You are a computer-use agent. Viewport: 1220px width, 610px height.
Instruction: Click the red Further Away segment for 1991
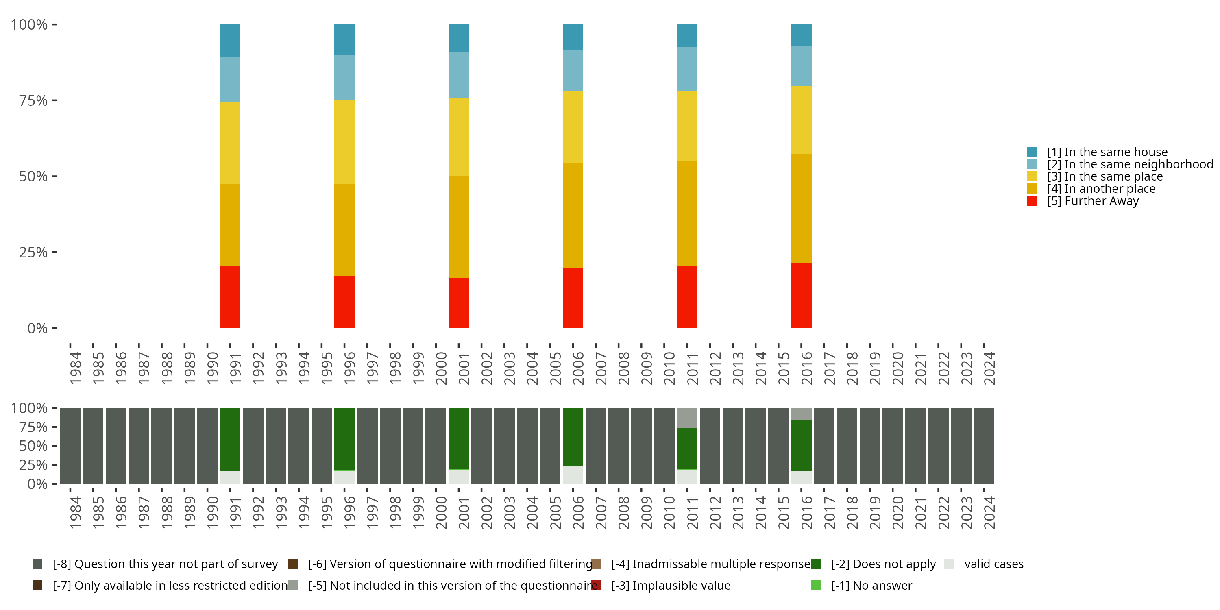(230, 296)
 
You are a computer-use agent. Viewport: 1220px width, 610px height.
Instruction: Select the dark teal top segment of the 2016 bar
(801, 35)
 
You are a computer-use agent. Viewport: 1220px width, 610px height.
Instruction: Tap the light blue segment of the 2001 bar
(458, 75)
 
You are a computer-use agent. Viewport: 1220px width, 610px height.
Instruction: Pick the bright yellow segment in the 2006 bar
(573, 127)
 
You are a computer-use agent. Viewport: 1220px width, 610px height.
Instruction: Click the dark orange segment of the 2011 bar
(687, 213)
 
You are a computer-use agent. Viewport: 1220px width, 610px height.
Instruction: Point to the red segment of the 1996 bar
(344, 302)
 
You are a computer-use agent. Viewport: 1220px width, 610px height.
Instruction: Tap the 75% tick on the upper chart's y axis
(33, 100)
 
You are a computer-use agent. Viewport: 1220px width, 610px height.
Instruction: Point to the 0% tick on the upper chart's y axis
(37, 328)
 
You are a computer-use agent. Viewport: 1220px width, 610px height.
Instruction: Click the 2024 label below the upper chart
(989, 368)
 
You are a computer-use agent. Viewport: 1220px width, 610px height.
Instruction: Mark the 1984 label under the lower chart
(75, 513)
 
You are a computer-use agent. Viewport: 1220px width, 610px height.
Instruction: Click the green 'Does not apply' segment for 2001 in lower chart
(458, 438)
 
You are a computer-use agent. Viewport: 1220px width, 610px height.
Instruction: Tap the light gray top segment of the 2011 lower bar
(687, 418)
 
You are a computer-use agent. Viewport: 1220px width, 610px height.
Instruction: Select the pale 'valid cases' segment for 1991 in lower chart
(230, 477)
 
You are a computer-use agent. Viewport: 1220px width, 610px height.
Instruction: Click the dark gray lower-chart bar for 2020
(892, 446)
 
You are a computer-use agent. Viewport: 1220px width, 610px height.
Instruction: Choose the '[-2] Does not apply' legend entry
(883, 564)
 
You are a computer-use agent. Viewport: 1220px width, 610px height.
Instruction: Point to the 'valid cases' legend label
(993, 564)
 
